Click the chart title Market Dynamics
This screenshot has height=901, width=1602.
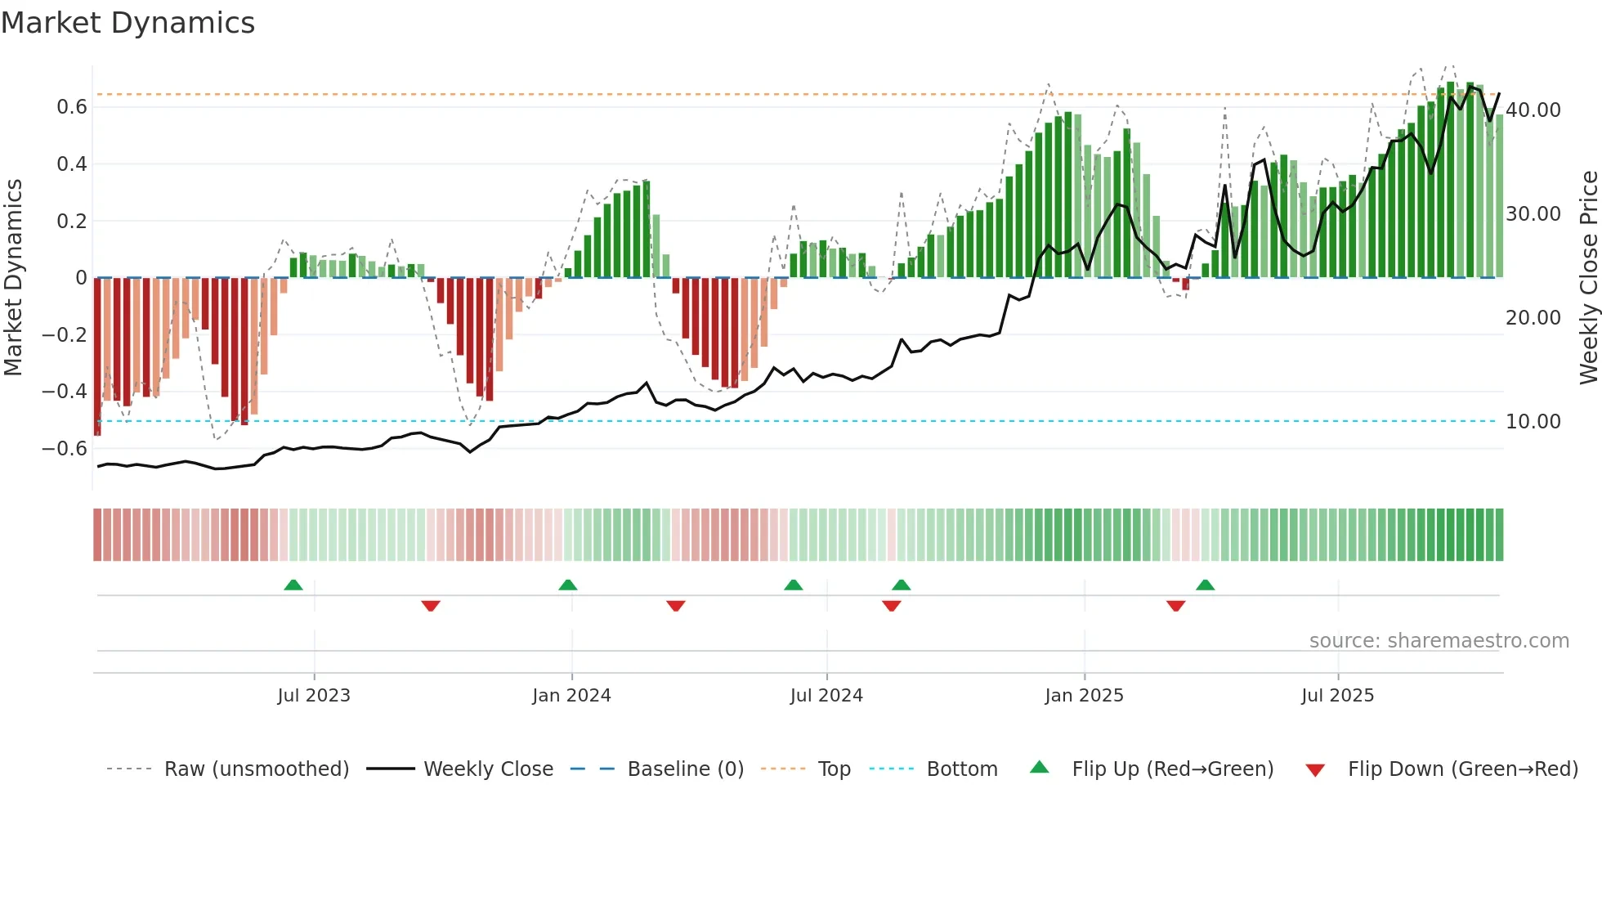pyautogui.click(x=128, y=23)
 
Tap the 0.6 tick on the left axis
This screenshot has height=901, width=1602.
pyautogui.click(x=72, y=107)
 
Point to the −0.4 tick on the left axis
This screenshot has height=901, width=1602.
pyautogui.click(x=65, y=392)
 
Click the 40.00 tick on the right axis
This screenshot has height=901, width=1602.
pyautogui.click(x=1533, y=110)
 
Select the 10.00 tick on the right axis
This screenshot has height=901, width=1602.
pyautogui.click(x=1533, y=422)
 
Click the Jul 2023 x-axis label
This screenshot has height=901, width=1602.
pyautogui.click(x=314, y=696)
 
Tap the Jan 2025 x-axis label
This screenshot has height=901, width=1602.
pyautogui.click(x=1084, y=696)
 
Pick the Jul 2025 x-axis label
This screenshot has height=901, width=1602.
pyautogui.click(x=1337, y=696)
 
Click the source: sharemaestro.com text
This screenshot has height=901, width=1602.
pyautogui.click(x=1439, y=641)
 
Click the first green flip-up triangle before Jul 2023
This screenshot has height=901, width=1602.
pyautogui.click(x=293, y=585)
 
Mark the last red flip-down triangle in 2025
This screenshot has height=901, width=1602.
pyautogui.click(x=1175, y=606)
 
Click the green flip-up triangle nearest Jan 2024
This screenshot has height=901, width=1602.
pyautogui.click(x=568, y=585)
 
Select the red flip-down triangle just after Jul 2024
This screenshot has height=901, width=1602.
pyautogui.click(x=892, y=606)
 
